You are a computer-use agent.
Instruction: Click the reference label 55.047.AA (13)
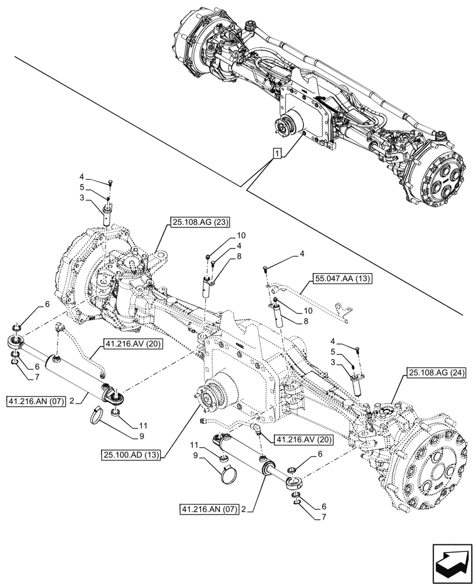click(344, 278)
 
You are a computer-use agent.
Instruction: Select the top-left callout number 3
click(83, 199)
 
